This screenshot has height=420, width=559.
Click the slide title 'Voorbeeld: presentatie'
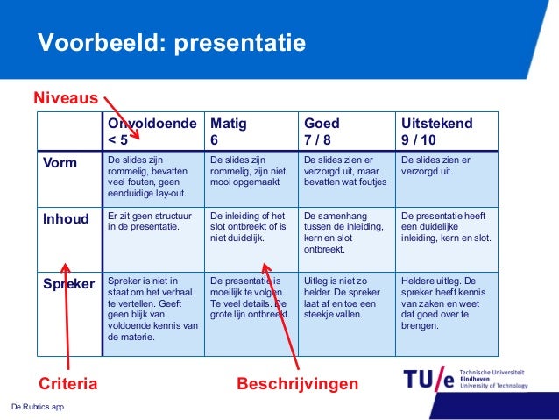[171, 43]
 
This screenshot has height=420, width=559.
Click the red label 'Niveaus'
[66, 99]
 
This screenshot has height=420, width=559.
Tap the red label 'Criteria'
[67, 383]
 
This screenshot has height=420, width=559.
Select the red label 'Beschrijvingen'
[298, 383]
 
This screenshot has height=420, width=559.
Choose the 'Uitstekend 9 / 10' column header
[436, 132]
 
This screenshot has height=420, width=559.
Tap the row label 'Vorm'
[60, 163]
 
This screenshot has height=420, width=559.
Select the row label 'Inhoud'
[67, 219]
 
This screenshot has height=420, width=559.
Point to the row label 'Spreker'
[69, 284]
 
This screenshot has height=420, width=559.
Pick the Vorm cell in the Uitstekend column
[435, 167]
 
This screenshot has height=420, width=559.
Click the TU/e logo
[429, 379]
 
